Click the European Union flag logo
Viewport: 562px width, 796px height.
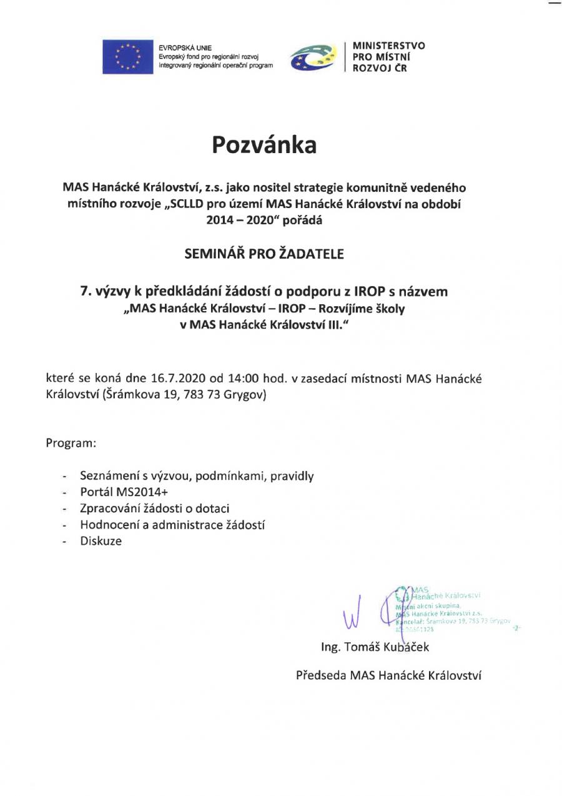pyautogui.click(x=128, y=56)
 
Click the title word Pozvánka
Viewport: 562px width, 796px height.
pyautogui.click(x=264, y=145)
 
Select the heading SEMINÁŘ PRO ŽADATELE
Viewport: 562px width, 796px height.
pyautogui.click(x=264, y=254)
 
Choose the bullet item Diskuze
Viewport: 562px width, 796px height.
pyautogui.click(x=101, y=541)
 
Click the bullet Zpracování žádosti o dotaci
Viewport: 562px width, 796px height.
pyautogui.click(x=159, y=509)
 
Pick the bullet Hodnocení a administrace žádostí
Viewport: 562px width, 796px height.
pyautogui.click(x=172, y=525)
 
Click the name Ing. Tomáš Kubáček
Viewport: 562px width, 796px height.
pyautogui.click(x=375, y=647)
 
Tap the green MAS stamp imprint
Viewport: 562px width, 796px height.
pyautogui.click(x=443, y=609)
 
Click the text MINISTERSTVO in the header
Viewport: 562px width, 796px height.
pyautogui.click(x=388, y=46)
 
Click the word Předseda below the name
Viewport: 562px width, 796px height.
pyautogui.click(x=322, y=675)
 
